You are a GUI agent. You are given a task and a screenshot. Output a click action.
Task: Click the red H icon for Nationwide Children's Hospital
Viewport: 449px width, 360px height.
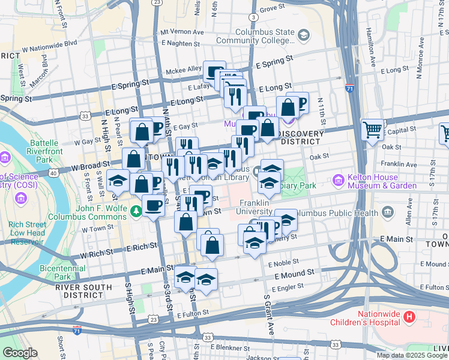pyautogui.click(x=409, y=316)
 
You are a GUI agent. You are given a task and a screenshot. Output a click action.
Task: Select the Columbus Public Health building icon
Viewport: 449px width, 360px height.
pyautogui.click(x=387, y=212)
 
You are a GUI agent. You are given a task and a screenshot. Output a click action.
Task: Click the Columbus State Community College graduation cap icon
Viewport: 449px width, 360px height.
pyautogui.click(x=304, y=36)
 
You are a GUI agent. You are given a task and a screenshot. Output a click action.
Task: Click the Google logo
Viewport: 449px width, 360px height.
pyautogui.click(x=21, y=353)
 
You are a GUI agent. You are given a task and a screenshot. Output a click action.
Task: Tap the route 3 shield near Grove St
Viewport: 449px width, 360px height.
pyautogui.click(x=255, y=17)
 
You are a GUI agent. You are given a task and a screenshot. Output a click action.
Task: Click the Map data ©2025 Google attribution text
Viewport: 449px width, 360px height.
pyautogui.click(x=412, y=355)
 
